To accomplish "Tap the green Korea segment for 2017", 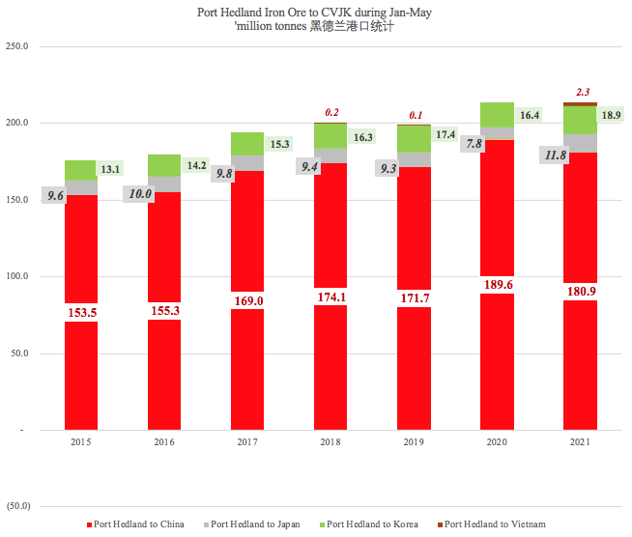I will (x=247, y=144).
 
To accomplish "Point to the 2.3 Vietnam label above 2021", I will (x=583, y=92).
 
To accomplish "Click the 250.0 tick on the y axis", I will (x=17, y=46).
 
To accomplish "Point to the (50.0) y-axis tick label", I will (x=16, y=506).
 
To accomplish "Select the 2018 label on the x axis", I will (x=330, y=441).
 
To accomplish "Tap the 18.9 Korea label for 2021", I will (x=611, y=115).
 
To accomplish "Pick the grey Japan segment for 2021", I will (x=580, y=143).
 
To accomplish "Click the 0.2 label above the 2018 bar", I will (x=332, y=112).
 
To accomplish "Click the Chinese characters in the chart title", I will (x=352, y=28).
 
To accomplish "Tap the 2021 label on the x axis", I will (x=580, y=441).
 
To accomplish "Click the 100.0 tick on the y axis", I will (x=17, y=276).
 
